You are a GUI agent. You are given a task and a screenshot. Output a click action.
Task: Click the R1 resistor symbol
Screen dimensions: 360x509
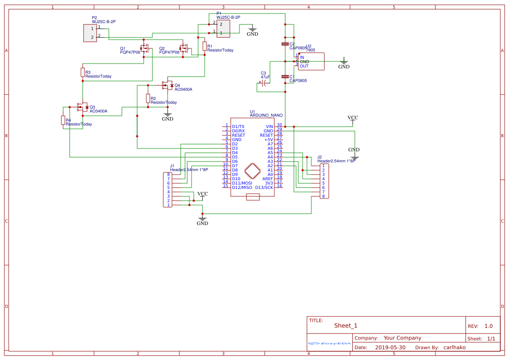pyautogui.click(x=204, y=46)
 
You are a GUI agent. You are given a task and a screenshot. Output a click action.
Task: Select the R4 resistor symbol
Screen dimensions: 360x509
pyautogui.click(x=63, y=120)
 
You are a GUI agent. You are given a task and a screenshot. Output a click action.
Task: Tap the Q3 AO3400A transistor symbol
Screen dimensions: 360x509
pyautogui.click(x=81, y=107)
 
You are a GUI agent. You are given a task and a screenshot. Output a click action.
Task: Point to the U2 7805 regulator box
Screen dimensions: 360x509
pyautogui.click(x=311, y=61)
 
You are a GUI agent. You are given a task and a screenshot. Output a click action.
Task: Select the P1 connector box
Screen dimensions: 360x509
pyautogui.click(x=223, y=28)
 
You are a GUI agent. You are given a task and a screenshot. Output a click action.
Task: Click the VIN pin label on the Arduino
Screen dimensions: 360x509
pyautogui.click(x=269, y=127)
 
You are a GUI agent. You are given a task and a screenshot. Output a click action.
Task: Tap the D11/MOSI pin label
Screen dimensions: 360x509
pyautogui.click(x=242, y=183)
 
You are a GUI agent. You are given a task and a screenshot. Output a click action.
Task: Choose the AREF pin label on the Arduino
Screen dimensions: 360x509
pyautogui.click(x=267, y=179)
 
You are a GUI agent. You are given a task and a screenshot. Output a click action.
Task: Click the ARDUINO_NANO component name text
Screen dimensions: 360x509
pyautogui.click(x=266, y=115)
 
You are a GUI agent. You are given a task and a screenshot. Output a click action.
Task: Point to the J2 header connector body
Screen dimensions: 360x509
pyautogui.click(x=324, y=181)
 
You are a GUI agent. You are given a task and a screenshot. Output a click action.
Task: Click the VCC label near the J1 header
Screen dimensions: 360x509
pyautogui.click(x=202, y=194)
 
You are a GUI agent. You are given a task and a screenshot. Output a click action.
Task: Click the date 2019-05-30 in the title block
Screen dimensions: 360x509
pyautogui.click(x=390, y=347)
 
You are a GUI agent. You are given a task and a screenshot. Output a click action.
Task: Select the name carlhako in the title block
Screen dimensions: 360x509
pyautogui.click(x=454, y=347)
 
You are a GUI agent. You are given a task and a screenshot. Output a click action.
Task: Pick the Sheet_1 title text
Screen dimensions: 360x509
pyautogui.click(x=346, y=325)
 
